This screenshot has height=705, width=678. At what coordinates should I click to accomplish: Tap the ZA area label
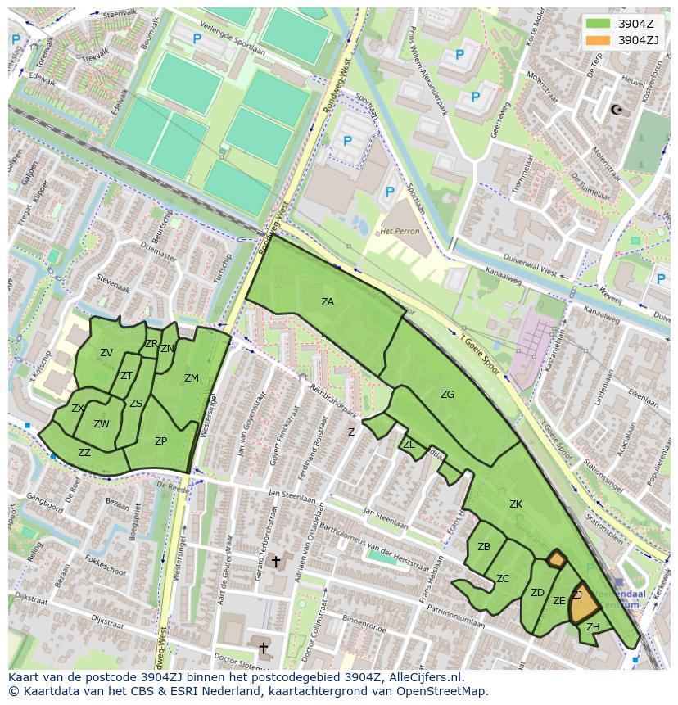click(328, 302)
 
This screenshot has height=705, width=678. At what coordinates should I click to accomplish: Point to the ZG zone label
click(447, 395)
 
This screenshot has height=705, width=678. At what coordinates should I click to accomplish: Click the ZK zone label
click(515, 504)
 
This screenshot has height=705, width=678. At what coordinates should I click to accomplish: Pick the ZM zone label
click(191, 378)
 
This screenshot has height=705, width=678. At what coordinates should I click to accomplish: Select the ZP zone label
click(160, 441)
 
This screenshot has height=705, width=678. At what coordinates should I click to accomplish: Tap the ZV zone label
click(106, 353)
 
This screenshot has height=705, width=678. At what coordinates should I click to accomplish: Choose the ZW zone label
click(101, 424)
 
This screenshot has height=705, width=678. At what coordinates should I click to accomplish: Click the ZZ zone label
click(84, 452)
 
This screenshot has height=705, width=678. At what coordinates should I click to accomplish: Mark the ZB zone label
click(484, 547)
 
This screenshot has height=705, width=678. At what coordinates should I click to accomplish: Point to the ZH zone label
click(593, 627)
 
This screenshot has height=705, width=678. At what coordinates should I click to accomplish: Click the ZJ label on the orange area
click(577, 595)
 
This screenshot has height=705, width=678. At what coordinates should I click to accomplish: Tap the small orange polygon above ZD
click(556, 559)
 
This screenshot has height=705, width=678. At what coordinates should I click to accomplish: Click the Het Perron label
click(400, 231)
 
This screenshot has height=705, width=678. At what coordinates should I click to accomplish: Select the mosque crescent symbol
click(617, 109)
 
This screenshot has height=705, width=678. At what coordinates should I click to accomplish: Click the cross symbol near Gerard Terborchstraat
click(276, 562)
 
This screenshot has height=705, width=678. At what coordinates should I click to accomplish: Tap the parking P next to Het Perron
click(390, 192)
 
